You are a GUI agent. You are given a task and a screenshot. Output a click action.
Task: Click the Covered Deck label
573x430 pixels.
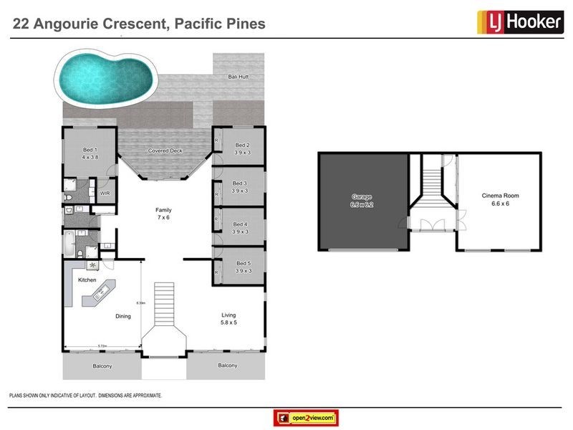(165, 151)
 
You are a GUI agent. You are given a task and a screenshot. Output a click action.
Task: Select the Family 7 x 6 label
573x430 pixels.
(165, 214)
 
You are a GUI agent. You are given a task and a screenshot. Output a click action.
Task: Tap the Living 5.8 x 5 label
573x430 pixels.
(228, 319)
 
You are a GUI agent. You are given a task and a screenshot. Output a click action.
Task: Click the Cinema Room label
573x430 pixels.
(500, 199)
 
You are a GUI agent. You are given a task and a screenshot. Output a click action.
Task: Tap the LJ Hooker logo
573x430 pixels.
(519, 22)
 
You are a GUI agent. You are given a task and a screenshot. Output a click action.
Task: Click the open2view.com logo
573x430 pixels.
(306, 417)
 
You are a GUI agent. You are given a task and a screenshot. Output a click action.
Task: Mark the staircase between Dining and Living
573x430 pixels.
(165, 301)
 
